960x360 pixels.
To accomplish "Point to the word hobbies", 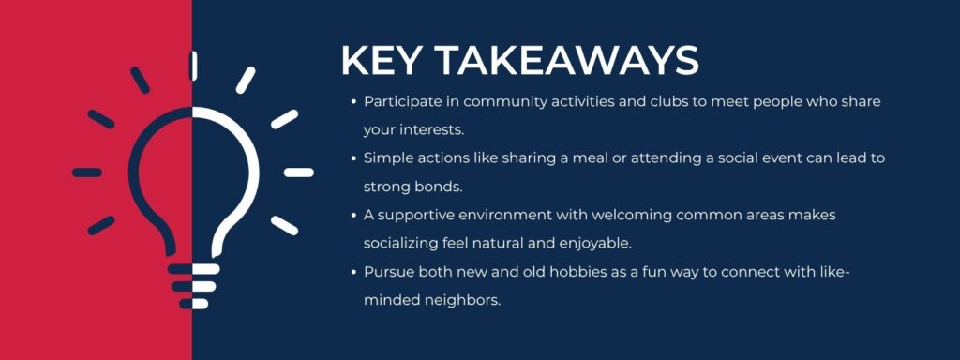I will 562,272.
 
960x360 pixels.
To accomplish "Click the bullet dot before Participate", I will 352,101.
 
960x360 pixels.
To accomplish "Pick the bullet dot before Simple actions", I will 352,158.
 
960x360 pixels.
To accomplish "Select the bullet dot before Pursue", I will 352,272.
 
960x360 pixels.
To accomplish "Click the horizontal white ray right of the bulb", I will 298,172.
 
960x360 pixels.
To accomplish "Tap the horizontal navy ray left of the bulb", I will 87,172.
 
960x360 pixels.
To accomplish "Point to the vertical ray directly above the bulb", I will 193,66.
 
